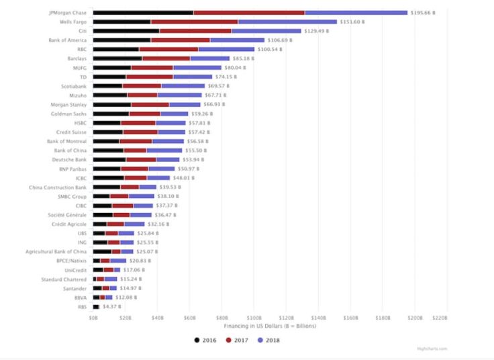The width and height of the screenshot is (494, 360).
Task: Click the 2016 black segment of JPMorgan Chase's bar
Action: pos(142,13)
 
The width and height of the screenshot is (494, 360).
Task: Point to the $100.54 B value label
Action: pos(271,49)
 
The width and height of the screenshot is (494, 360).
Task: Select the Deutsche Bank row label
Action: pos(70,159)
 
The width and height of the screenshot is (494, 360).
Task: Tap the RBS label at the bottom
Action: pos(82,306)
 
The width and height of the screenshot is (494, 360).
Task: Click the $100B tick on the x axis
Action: pos(254,317)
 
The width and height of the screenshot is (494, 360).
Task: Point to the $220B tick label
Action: pos(440,317)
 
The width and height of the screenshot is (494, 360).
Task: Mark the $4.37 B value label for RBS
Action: pos(111,306)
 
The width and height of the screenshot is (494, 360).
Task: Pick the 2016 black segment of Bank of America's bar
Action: pos(121,40)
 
